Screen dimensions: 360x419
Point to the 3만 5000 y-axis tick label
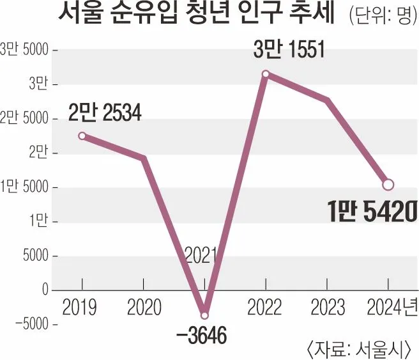[26, 50]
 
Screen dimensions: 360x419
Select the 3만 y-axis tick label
[36, 84]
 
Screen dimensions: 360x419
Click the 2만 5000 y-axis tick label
[26, 119]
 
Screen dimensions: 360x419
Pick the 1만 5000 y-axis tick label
[26, 188]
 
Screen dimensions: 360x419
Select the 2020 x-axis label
[143, 308]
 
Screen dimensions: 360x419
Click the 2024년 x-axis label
[391, 308]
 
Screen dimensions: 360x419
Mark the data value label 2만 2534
[105, 114]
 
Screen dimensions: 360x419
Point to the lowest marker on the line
[204, 315]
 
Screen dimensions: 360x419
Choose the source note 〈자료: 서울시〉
[362, 349]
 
